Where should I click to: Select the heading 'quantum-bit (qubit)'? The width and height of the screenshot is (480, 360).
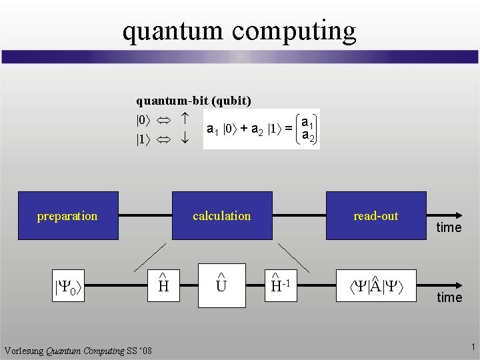click(193, 101)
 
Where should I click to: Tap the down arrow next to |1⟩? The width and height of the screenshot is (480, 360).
click(185, 141)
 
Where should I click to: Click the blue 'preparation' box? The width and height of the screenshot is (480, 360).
click(67, 215)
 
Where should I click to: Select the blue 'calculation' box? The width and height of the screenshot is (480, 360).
click(221, 215)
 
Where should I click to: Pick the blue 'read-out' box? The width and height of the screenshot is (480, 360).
click(375, 215)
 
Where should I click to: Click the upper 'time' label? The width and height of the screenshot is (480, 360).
click(449, 228)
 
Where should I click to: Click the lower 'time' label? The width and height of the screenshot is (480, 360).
click(449, 297)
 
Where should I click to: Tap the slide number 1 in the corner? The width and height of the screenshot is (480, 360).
click(471, 347)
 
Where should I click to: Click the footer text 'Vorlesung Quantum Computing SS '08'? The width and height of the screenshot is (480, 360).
click(78, 351)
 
